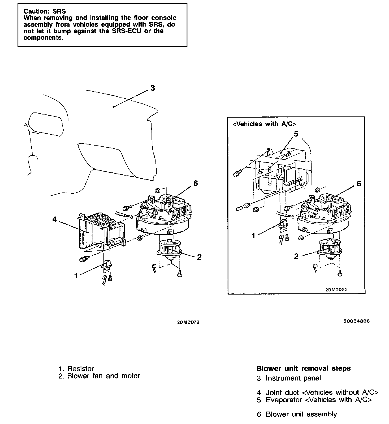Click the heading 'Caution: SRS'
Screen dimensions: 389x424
pyautogui.click(x=44, y=11)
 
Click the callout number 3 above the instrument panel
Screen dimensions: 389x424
pyautogui.click(x=153, y=88)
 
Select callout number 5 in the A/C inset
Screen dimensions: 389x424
pyautogui.click(x=296, y=134)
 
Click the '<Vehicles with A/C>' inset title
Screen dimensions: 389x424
pyautogui.click(x=264, y=124)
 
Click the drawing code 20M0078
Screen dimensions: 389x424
pyautogui.click(x=188, y=322)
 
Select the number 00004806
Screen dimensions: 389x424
pyautogui.click(x=356, y=321)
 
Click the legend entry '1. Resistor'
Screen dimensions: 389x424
pyautogui.click(x=76, y=369)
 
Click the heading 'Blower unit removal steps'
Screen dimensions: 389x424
pyautogui.click(x=303, y=368)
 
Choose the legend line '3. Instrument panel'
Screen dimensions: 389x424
pyautogui.click(x=289, y=378)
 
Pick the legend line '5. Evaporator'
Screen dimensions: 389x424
pyautogui.click(x=314, y=400)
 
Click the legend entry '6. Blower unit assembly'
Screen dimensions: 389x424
pyautogui.click(x=297, y=414)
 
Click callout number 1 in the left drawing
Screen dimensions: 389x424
pyautogui.click(x=76, y=275)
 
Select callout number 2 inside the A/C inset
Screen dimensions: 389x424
pyautogui.click(x=296, y=256)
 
